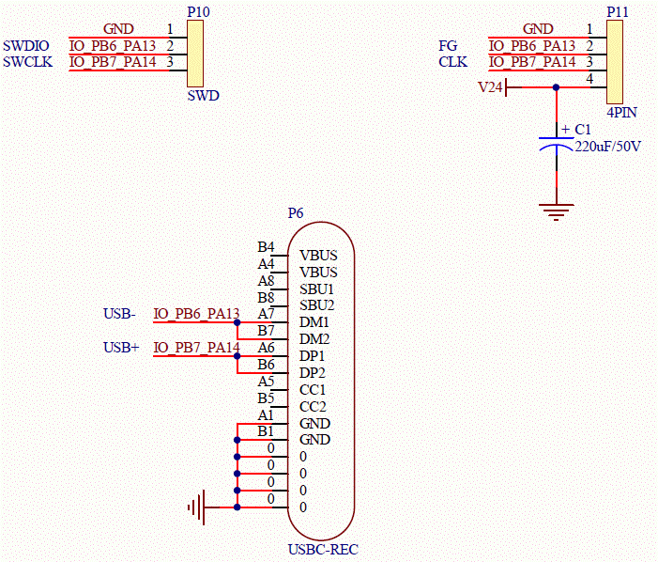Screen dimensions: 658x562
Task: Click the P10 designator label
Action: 198,12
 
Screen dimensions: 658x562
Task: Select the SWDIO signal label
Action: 26,45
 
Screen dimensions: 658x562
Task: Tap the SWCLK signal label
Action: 28,62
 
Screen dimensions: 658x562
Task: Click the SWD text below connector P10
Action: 203,95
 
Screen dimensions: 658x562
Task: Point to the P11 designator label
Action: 618,12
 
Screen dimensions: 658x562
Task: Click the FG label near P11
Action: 448,45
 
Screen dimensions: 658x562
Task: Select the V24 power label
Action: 490,87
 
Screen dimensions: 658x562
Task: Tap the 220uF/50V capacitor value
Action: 607,147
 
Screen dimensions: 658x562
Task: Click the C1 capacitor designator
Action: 583,129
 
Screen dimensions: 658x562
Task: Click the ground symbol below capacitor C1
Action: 557,211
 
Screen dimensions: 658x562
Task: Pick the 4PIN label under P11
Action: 622,112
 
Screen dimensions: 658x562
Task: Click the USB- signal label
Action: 119,313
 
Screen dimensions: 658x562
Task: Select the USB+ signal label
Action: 121,348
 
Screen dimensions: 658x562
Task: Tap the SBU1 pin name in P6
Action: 317,289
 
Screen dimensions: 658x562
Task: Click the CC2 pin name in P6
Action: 313,407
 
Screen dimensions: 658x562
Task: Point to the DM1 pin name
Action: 314,322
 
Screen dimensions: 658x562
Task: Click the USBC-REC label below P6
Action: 323,550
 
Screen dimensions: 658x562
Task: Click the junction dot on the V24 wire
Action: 556,87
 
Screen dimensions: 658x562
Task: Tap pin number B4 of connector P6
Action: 266,246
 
